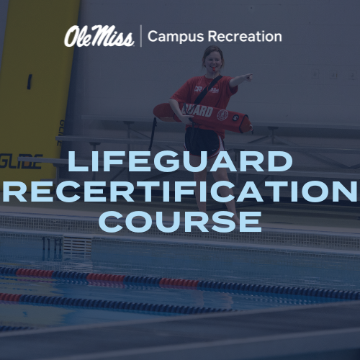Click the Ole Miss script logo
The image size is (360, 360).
(99, 36)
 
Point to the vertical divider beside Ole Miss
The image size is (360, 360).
(140, 36)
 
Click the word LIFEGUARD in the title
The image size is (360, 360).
(180, 162)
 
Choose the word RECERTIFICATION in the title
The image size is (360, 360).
(180, 192)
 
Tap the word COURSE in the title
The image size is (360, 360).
(180, 221)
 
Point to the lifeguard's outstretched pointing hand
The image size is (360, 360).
(245, 76)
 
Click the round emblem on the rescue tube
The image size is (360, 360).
(222, 114)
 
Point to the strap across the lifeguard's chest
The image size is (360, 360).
(207, 90)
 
